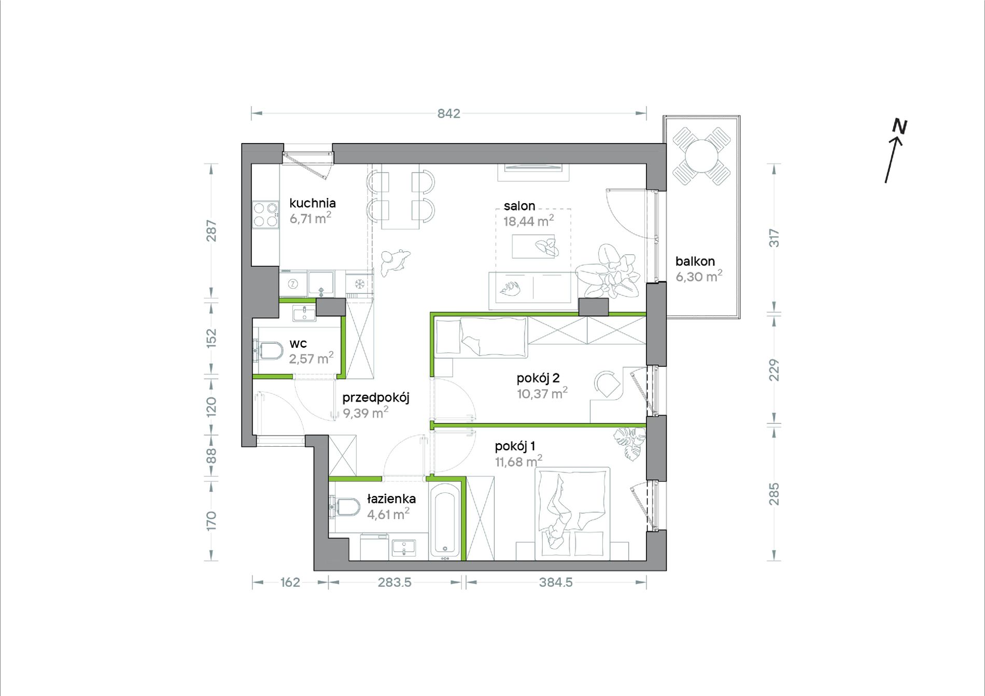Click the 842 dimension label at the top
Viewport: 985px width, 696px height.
pyautogui.click(x=448, y=113)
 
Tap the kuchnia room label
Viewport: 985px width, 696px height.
pyautogui.click(x=313, y=203)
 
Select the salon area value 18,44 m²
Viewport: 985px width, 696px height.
pyautogui.click(x=528, y=221)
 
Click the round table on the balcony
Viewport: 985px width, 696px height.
pyautogui.click(x=701, y=156)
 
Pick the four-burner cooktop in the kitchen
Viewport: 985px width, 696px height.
pyautogui.click(x=265, y=215)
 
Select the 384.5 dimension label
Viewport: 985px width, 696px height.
pyautogui.click(x=556, y=583)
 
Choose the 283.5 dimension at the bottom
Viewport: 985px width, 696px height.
pyautogui.click(x=395, y=583)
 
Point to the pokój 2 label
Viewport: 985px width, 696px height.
pyautogui.click(x=538, y=378)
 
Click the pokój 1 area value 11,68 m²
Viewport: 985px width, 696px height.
pyautogui.click(x=518, y=461)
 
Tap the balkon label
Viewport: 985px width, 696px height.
pyautogui.click(x=695, y=261)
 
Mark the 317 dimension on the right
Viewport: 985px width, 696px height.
pyautogui.click(x=774, y=238)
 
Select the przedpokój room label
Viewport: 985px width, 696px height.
pyautogui.click(x=376, y=398)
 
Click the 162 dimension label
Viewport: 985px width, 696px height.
pyautogui.click(x=290, y=583)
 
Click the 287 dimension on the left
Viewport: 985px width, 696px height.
pyautogui.click(x=212, y=231)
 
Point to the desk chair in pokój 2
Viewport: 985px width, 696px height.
pyautogui.click(x=607, y=385)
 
